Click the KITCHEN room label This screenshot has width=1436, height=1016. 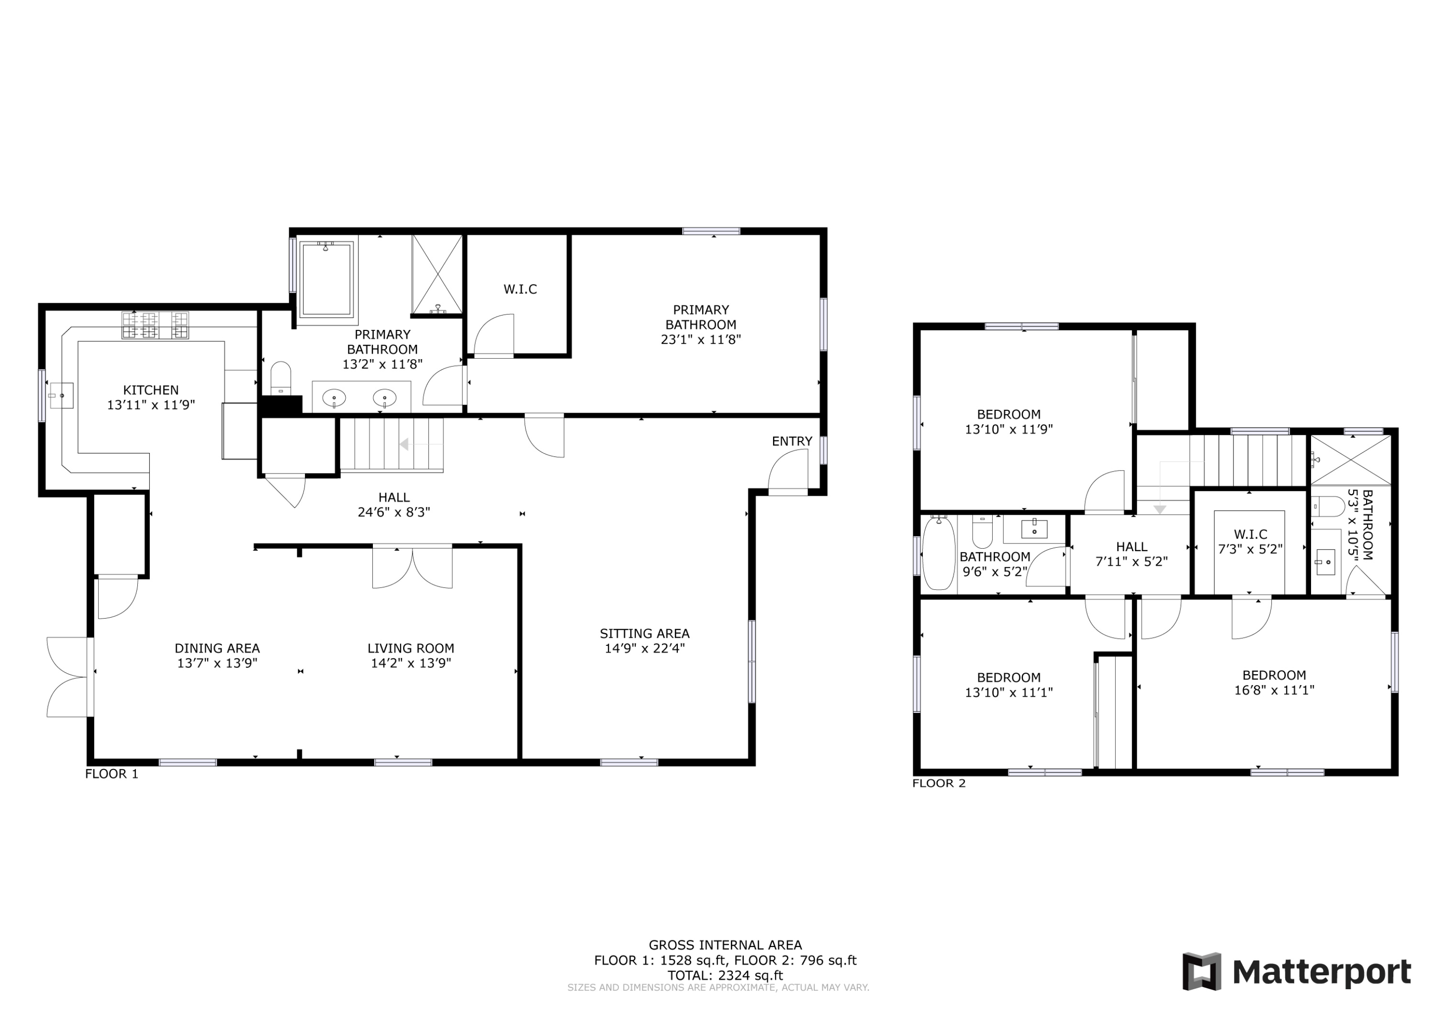click(x=151, y=390)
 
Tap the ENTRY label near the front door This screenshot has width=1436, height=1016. click(x=792, y=441)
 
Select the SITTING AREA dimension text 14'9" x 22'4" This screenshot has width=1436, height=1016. click(x=644, y=648)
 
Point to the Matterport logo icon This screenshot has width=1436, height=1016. click(x=1201, y=971)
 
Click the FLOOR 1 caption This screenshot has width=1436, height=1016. click(x=112, y=774)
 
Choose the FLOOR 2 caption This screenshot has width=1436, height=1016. click(x=939, y=783)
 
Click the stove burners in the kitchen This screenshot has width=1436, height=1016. click(x=155, y=325)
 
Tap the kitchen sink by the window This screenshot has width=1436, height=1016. click(x=61, y=395)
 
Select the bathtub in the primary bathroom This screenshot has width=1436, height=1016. click(x=326, y=279)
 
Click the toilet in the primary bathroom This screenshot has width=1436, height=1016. click(x=281, y=378)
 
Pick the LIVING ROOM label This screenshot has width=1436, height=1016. click(x=411, y=648)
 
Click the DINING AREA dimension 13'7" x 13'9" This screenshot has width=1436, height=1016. click(x=217, y=663)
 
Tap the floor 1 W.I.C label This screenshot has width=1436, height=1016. click(x=520, y=289)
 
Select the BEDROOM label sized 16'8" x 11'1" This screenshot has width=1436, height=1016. click(x=1274, y=675)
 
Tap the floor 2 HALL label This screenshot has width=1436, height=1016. click(x=1132, y=547)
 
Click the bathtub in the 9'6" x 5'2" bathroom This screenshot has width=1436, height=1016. click(x=939, y=553)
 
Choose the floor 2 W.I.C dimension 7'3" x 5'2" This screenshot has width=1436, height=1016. click(x=1250, y=549)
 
